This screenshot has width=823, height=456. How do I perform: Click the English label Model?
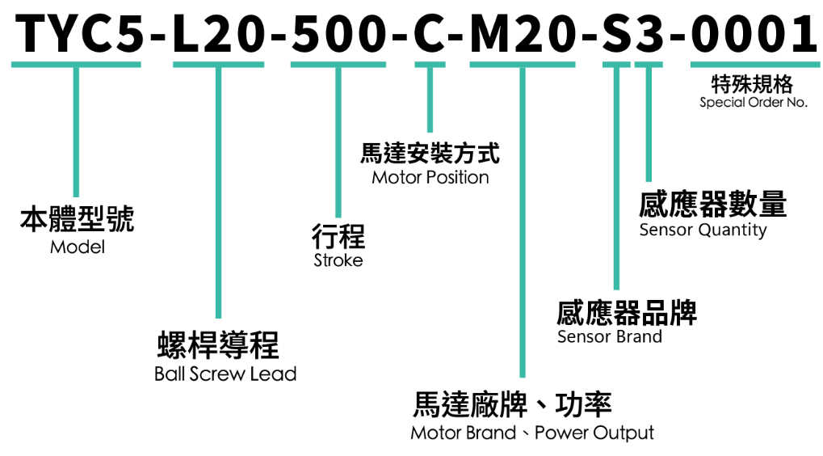tap(78, 247)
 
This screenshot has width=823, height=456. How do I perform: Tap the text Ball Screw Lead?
tap(225, 374)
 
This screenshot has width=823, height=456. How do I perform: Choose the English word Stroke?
tap(338, 260)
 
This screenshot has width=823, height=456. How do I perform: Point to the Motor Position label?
tap(430, 178)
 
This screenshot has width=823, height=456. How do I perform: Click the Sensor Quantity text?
tap(703, 230)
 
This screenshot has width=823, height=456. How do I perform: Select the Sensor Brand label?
tap(610, 336)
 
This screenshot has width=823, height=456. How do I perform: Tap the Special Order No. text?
tap(754, 103)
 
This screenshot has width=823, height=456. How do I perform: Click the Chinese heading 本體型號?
tap(78, 219)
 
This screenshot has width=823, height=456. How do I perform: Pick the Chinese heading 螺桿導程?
tap(218, 345)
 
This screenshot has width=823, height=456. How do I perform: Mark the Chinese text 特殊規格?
tap(752, 84)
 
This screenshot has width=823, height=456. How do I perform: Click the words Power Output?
tap(594, 433)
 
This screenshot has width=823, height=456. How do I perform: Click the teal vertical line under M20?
tap(523, 222)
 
